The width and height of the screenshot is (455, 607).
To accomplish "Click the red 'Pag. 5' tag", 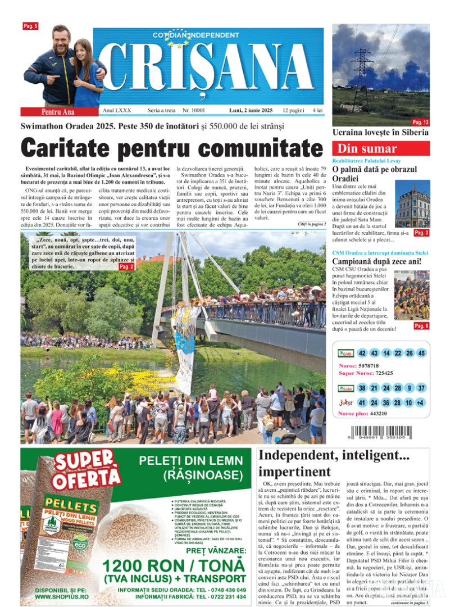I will [x=30, y=26].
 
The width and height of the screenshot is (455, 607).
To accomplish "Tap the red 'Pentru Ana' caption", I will [x=51, y=111].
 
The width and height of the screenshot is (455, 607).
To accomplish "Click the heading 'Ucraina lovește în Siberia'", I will [x=380, y=133].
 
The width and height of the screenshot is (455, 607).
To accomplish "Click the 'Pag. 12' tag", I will [x=420, y=122].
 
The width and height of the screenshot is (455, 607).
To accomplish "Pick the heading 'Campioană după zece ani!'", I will [x=377, y=261].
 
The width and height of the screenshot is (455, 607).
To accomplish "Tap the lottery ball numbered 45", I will [x=421, y=353].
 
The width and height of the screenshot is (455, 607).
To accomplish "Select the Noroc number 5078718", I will [x=372, y=365].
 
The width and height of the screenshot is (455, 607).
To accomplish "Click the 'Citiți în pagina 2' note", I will [x=311, y=224].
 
